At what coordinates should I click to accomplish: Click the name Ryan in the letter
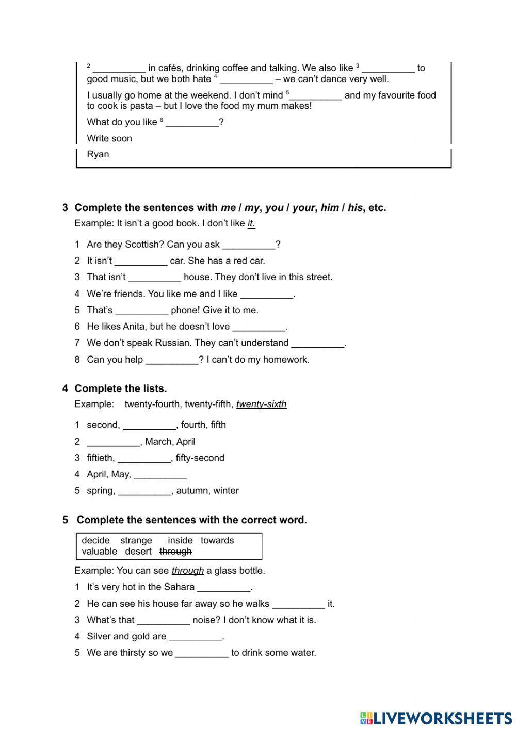[98, 154]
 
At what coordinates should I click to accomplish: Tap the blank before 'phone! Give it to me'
[141, 311]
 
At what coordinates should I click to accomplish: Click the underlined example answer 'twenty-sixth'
[261, 404]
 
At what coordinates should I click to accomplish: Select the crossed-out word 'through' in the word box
[175, 552]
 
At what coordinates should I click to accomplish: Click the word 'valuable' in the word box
[99, 552]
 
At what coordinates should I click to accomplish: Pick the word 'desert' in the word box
[138, 552]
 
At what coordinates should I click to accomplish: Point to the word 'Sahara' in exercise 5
[179, 587]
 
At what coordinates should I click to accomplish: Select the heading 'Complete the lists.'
[121, 388]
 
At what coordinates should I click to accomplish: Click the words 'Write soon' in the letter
[109, 138]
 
